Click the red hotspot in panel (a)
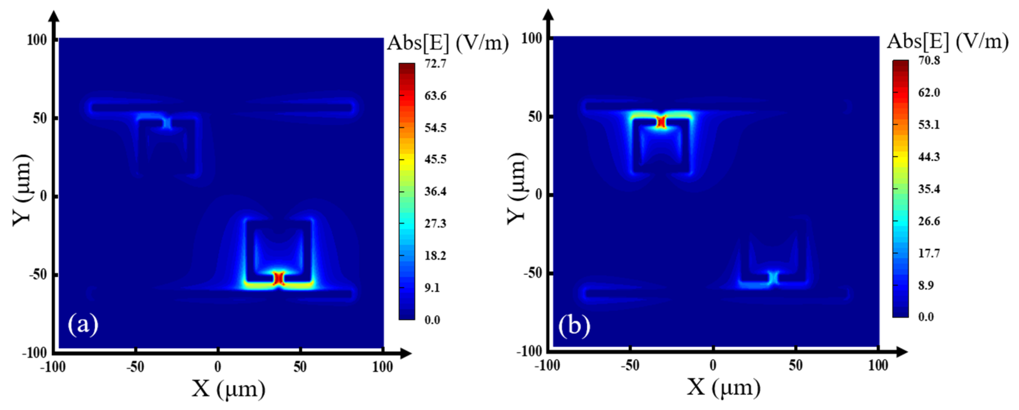279,278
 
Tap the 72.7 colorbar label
435,64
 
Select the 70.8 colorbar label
929,60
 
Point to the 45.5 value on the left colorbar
435,159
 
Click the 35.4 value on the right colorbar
929,189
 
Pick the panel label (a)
83,325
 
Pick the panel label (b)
574,326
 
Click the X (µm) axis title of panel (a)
229,389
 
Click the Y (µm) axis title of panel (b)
517,189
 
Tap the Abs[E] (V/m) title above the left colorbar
447,43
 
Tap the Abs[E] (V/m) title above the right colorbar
947,41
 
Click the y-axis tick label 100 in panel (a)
36,40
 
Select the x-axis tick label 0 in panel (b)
713,365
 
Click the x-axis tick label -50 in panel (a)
135,367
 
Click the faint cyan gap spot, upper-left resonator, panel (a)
167,123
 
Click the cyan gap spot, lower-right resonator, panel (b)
773,278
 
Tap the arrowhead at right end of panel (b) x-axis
901,351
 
